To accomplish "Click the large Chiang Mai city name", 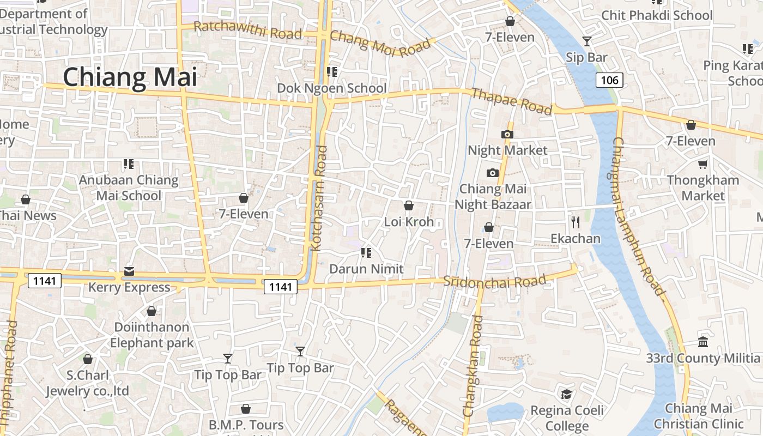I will click(x=130, y=77).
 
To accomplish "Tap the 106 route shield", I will click(x=609, y=81).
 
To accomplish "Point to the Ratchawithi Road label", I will click(x=247, y=30).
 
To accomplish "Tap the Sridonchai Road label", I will click(x=494, y=281).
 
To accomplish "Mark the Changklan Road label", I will click(x=473, y=366).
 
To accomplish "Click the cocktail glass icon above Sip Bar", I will click(x=586, y=41).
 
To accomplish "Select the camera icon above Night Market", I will click(x=507, y=134).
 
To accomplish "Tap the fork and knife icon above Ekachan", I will click(x=575, y=222).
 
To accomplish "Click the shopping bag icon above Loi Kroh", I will click(x=409, y=205).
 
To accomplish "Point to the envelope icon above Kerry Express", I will click(x=129, y=271).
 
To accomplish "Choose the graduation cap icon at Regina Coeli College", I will click(x=567, y=394).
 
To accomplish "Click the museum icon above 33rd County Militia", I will click(x=703, y=342).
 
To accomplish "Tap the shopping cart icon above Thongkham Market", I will click(x=703, y=163).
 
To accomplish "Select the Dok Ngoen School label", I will click(x=332, y=88).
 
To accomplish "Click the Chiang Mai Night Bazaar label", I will click(x=493, y=197).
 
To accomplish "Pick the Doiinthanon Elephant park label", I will click(x=152, y=335).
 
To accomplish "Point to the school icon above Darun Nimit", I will click(x=366, y=252).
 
